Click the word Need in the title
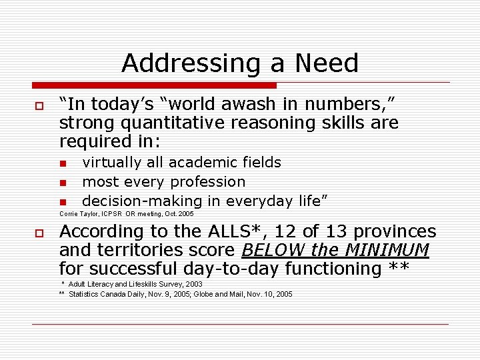point(327,63)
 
